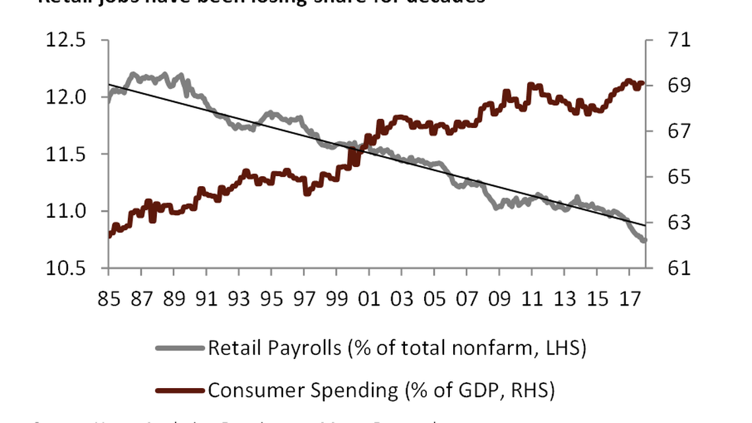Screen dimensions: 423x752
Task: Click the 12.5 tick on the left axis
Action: (x=66, y=40)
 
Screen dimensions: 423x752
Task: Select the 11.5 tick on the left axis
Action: (x=66, y=154)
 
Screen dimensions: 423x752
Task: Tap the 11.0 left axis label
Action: (x=66, y=212)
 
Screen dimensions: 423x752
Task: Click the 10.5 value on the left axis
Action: (x=66, y=269)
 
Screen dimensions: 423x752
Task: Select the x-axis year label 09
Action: (x=499, y=300)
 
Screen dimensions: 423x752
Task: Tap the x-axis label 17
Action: (x=629, y=300)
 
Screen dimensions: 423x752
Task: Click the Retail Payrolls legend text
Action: (x=396, y=348)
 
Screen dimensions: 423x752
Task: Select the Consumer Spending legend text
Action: (x=381, y=390)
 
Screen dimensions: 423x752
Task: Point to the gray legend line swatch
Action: (x=179, y=348)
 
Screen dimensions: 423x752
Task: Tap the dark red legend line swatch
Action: (x=179, y=391)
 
